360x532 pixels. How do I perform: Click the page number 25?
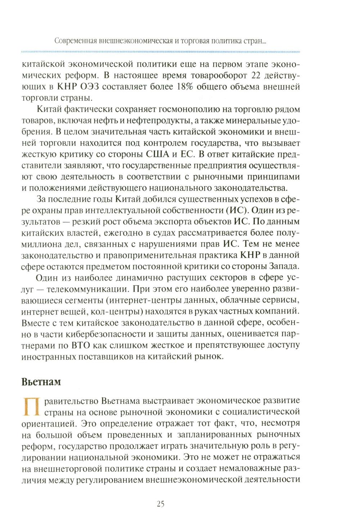[x=161, y=504]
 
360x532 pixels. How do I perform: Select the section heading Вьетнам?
[x=41, y=382]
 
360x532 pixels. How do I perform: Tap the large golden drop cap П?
[x=31, y=406]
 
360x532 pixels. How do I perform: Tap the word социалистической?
[x=264, y=410]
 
